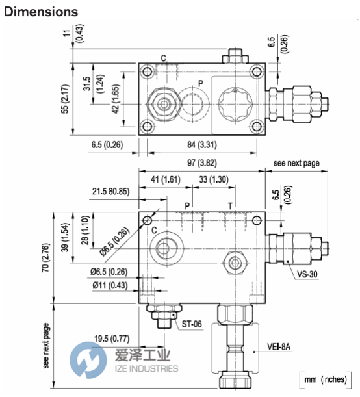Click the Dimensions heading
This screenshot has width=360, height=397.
pos(41,12)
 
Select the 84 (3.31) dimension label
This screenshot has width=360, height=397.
pos(202,145)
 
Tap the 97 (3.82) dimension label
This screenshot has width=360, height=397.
pos(202,163)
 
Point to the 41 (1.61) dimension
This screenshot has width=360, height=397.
pos(166,179)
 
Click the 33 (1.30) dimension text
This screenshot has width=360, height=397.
pos(214,179)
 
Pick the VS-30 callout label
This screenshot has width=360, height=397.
pos(307,274)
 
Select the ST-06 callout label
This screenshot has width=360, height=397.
pos(192,324)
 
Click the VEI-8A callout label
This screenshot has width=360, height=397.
pos(279,346)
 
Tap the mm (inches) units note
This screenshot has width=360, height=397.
pos(326,379)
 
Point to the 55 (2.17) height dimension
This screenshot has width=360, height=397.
pos(65,99)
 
